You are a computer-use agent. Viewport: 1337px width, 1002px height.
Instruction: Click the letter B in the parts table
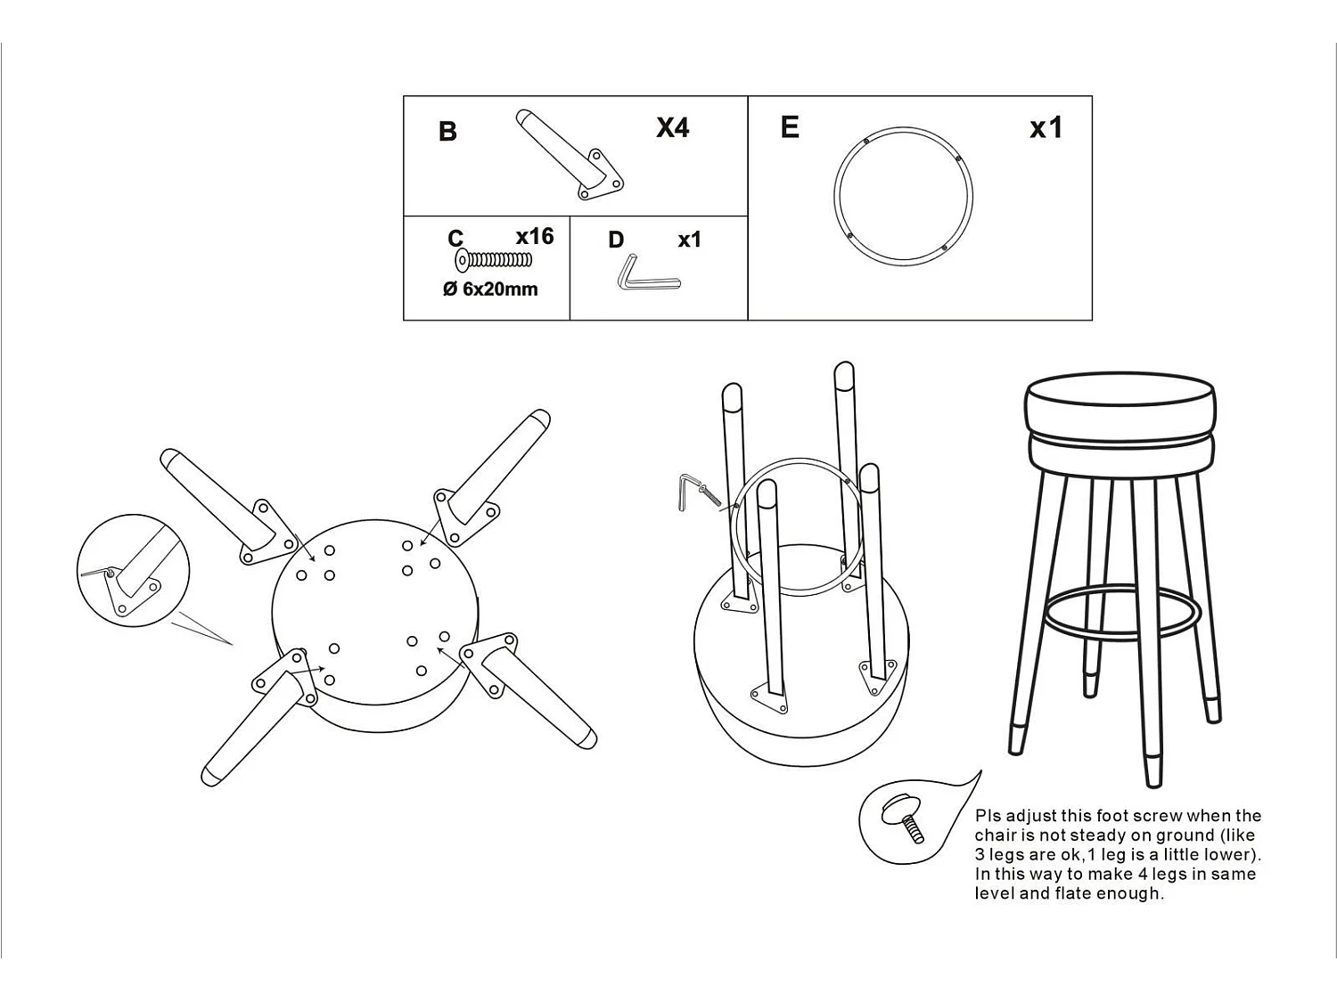coord(447,132)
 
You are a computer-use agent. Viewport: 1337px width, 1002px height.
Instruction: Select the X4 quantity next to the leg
coord(672,127)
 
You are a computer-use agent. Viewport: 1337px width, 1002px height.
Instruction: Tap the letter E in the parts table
coord(790,127)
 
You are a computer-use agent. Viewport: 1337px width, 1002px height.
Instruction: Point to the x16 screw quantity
coord(535,236)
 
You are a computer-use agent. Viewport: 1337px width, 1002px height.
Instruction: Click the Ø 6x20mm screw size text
coord(490,289)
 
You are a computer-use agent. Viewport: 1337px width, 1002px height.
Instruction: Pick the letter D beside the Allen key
coord(617,240)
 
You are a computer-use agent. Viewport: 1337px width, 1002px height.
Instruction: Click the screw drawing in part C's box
coord(494,260)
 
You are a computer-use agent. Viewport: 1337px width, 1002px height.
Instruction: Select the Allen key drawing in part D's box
coord(648,274)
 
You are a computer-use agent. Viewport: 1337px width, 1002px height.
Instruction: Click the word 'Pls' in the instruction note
coord(988,817)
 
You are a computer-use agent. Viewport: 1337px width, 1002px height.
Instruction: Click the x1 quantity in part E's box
coord(1046,127)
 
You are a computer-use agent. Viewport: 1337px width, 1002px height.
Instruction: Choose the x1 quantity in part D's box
coord(690,240)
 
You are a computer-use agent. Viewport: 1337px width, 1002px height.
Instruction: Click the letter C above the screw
coord(455,239)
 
